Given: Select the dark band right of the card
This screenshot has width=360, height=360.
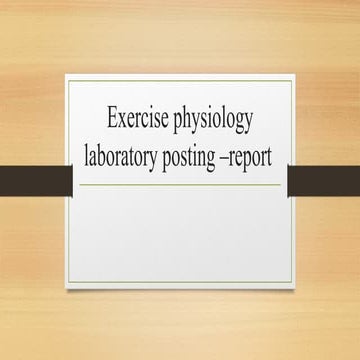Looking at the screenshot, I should coord(323,180).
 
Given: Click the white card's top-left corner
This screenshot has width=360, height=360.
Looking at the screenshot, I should coord(69,74).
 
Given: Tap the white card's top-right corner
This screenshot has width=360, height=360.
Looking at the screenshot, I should coord(290,74).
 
